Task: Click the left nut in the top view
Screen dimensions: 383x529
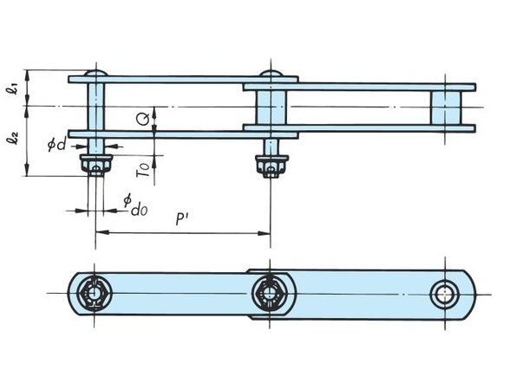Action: (95, 164)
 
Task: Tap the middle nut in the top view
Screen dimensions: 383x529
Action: (271, 164)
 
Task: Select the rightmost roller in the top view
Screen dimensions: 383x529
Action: (447, 107)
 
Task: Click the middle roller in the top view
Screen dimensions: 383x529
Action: (271, 107)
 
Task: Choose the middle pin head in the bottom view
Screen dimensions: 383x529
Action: (271, 294)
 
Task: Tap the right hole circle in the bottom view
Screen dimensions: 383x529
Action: (447, 294)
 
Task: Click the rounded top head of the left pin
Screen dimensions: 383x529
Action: (96, 73)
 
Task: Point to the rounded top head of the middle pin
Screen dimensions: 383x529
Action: (271, 73)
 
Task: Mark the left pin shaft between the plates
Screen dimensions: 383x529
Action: (96, 107)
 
